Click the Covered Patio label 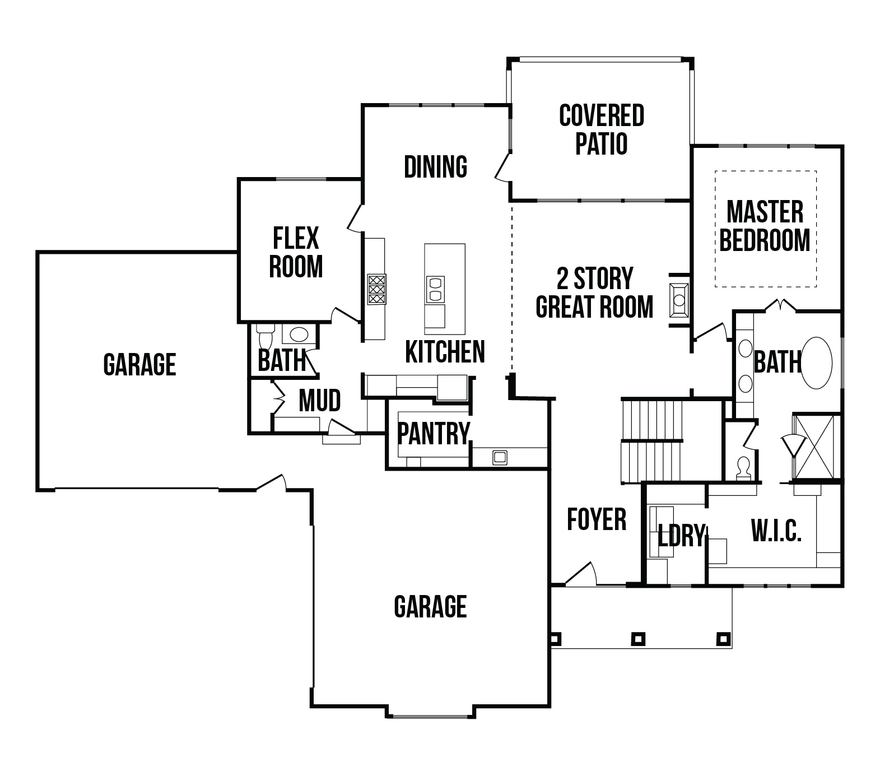[602, 129]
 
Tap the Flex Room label [296, 252]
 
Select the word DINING [435, 166]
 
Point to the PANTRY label [433, 433]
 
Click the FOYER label [596, 519]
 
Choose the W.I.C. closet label [776, 530]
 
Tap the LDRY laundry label [681, 536]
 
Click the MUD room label [319, 401]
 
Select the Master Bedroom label [765, 226]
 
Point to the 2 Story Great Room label [594, 292]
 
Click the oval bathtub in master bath [817, 363]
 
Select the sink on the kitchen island [435, 289]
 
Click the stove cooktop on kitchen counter [376, 289]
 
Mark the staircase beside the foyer [652, 440]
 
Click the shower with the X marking [816, 447]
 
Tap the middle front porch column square [638, 638]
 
